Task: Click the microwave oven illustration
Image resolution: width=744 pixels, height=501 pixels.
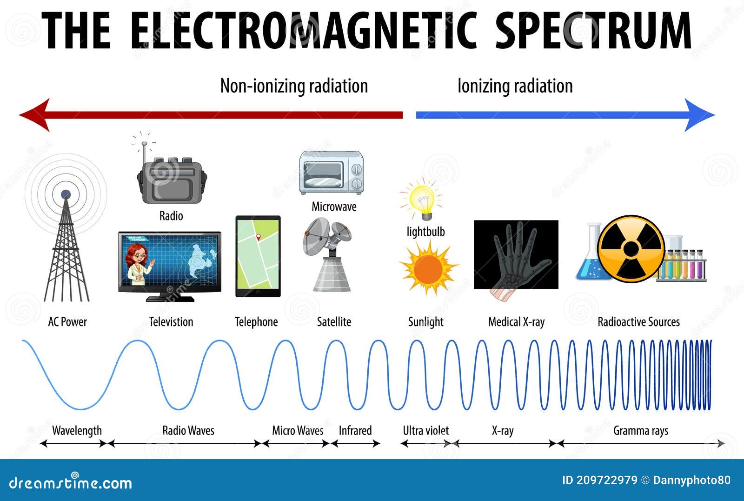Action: [x=331, y=173]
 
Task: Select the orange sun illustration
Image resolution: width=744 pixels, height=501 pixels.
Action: [x=428, y=269]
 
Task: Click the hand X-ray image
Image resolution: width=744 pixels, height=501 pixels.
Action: [x=516, y=254]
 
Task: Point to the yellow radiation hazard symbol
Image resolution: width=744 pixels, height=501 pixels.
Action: [x=631, y=249]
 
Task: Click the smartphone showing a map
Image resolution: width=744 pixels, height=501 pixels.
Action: [x=258, y=256]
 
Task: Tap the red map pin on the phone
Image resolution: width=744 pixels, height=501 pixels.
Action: [x=259, y=237]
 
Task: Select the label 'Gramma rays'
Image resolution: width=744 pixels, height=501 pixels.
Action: [x=640, y=430]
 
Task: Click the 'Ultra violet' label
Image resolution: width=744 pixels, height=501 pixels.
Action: [x=425, y=430]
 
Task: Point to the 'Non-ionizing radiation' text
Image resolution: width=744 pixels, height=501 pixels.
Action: [x=294, y=86]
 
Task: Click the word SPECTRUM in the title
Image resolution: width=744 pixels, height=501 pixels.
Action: [x=593, y=30]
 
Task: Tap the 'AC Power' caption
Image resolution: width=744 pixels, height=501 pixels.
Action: [x=67, y=322]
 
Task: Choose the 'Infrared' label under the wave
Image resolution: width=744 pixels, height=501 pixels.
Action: [x=355, y=430]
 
